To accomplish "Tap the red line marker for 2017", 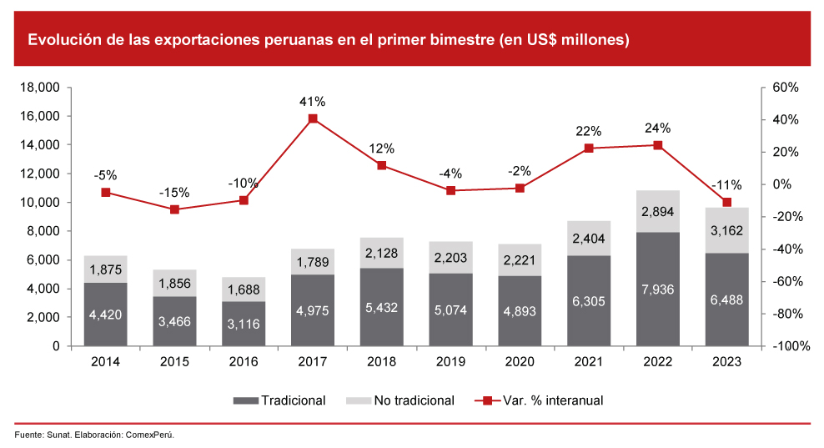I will pos(313,118).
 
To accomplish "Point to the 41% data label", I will pos(313,102).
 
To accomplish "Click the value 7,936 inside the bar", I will pos(658,289).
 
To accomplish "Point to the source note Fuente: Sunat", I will pos(43,435).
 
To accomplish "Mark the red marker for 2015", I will pos(175,209).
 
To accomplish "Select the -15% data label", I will pos(175,192).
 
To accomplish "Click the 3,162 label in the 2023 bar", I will pos(726,230).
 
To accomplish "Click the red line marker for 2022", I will pos(658,145).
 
